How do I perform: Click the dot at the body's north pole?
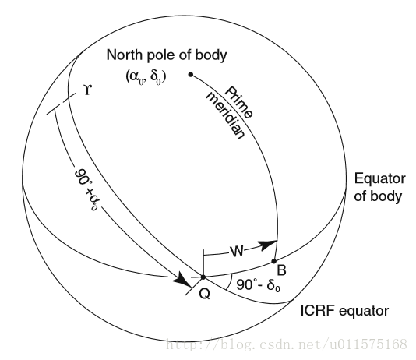tap(191, 75)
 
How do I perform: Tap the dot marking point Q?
tap(203, 277)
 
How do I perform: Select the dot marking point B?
tap(274, 261)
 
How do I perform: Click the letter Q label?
tap(205, 294)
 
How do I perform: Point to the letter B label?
tap(281, 270)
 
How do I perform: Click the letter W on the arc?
tap(237, 251)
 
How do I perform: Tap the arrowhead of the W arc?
tap(267, 245)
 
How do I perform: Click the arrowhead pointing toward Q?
tap(182, 281)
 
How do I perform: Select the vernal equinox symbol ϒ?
tap(87, 90)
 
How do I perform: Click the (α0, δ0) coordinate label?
tap(146, 77)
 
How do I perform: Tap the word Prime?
tap(239, 102)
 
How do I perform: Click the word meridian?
tap(225, 115)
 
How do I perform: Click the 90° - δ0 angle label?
tap(258, 285)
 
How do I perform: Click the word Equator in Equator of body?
tap(379, 178)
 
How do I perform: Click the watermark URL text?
tap(286, 344)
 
